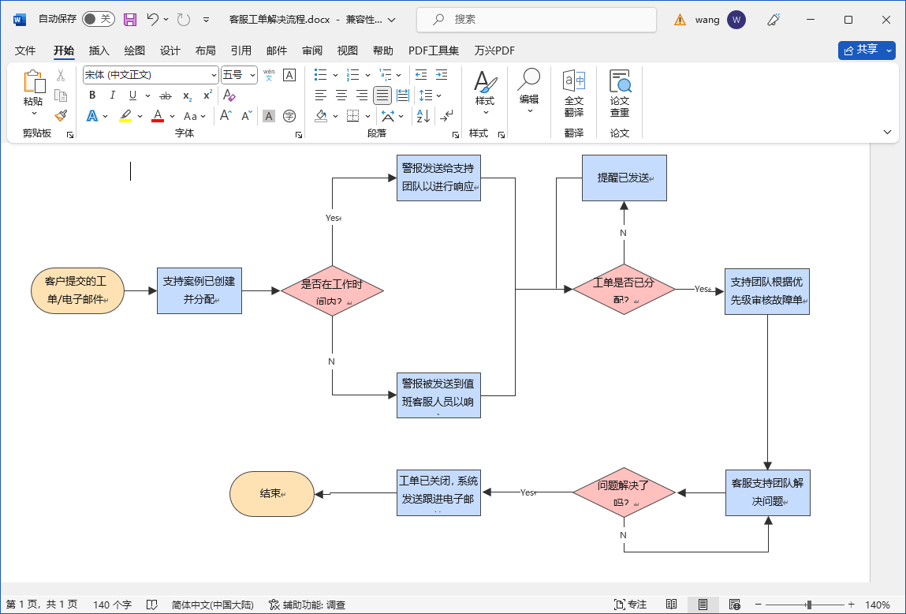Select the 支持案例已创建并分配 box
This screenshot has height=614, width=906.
click(199, 290)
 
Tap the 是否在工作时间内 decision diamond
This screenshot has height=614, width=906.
click(332, 290)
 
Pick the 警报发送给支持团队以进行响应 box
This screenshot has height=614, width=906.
click(438, 178)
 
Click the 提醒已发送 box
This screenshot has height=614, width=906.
click(624, 178)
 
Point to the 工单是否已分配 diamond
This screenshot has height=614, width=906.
click(624, 290)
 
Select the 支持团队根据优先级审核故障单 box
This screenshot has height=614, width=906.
click(767, 290)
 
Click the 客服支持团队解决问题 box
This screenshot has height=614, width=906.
click(767, 493)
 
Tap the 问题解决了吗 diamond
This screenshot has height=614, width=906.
click(624, 493)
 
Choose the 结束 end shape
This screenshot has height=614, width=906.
click(272, 494)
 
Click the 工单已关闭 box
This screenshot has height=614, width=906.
click(438, 493)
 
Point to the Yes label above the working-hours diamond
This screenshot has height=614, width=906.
click(333, 218)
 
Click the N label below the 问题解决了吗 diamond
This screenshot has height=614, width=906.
click(623, 535)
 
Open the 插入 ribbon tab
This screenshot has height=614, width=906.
click(99, 51)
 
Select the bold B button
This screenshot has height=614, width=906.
click(92, 95)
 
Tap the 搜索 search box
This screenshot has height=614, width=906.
click(536, 19)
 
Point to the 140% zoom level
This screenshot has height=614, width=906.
click(877, 605)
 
